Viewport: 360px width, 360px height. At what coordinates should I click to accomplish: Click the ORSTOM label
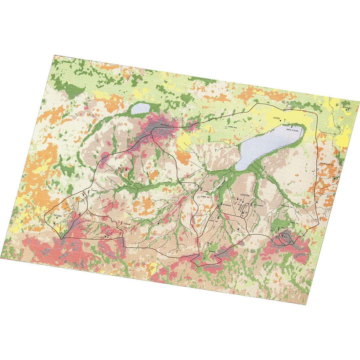245,195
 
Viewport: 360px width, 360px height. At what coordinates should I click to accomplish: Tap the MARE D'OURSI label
291,130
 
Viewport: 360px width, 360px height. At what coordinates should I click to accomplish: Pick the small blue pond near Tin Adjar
140,109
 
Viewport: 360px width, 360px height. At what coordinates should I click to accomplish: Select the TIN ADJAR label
165,125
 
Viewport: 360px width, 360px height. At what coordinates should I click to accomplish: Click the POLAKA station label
93,191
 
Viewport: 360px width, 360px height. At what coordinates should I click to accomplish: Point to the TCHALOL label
127,224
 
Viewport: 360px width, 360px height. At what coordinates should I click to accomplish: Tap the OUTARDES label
226,205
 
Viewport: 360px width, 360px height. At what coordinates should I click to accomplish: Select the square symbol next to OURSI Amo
226,127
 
